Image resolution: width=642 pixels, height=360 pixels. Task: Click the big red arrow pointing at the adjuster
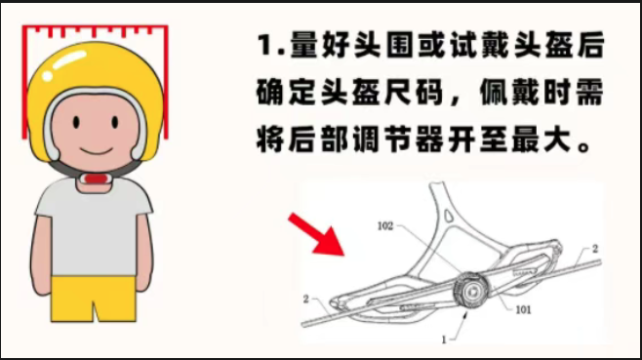[x=316, y=234]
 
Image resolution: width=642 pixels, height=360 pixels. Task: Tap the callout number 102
[x=384, y=226]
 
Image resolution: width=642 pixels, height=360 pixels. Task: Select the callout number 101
[x=523, y=309]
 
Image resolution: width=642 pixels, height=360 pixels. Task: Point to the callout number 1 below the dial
[x=444, y=340]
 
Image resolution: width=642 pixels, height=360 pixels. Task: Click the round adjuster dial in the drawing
[x=470, y=291]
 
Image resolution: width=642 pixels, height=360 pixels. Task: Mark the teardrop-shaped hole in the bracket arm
[x=449, y=215]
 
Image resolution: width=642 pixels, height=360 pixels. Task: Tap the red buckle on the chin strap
[x=95, y=179]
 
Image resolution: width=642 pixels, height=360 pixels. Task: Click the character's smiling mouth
[x=97, y=150]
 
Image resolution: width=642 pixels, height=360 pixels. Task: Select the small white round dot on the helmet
[x=48, y=76]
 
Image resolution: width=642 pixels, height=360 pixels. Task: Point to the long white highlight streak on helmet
[x=68, y=60]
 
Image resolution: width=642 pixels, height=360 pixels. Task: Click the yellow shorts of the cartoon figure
[x=94, y=299]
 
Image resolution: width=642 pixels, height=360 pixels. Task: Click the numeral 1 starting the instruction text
[x=265, y=44]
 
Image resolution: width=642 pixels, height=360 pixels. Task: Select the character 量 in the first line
[x=304, y=44]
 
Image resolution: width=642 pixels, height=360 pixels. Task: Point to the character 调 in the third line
[x=366, y=140]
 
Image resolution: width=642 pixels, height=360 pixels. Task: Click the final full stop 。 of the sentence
[x=583, y=146]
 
